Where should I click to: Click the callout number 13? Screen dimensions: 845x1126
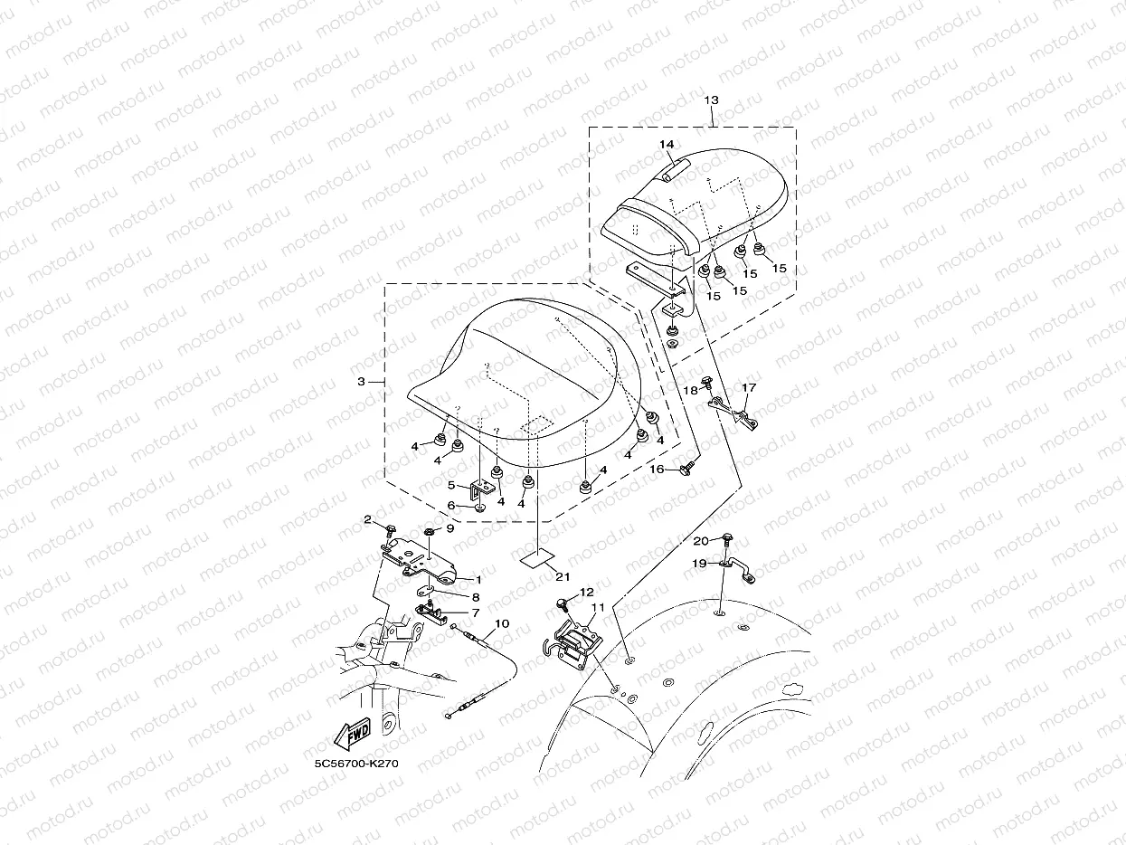tap(712, 100)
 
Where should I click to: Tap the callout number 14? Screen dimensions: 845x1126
tap(666, 145)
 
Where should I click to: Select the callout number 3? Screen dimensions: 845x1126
tap(361, 382)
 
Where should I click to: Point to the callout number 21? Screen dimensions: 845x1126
tap(563, 577)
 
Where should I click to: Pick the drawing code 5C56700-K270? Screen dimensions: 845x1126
tap(356, 764)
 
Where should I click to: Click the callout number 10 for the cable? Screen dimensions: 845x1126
tap(502, 623)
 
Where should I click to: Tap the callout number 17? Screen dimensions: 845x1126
tap(749, 388)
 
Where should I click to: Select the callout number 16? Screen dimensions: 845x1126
tap(658, 470)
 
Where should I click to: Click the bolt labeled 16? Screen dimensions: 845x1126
tap(687, 468)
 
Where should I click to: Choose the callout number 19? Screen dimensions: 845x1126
tap(699, 563)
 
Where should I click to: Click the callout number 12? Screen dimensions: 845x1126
tap(587, 592)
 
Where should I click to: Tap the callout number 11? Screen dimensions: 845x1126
tap(597, 607)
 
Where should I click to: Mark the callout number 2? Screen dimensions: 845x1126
tap(368, 519)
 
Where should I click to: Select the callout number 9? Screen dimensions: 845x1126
tap(449, 528)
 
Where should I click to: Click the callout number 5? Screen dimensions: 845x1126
tap(450, 485)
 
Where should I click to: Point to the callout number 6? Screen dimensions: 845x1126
tap(450, 506)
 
